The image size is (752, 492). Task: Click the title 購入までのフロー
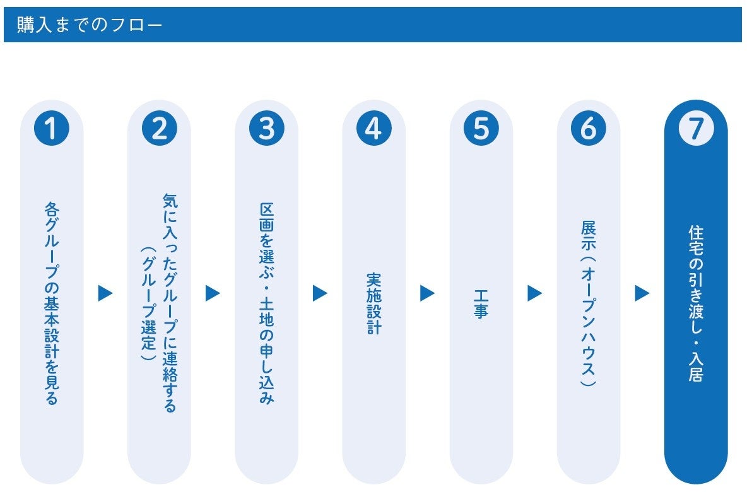[90, 25]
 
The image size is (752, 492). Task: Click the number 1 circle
[52, 129]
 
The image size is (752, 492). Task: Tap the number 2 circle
[159, 129]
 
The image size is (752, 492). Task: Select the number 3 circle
[267, 129]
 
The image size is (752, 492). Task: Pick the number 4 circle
[374, 129]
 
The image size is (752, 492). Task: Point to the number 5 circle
[481, 129]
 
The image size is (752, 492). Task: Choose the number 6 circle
[589, 129]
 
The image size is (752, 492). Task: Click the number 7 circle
[696, 129]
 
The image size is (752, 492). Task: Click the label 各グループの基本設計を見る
[52, 303]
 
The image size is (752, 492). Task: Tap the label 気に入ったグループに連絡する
[170, 303]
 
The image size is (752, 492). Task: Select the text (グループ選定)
[148, 303]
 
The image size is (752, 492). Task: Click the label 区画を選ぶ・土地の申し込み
[267, 303]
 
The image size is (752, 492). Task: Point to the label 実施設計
[374, 303]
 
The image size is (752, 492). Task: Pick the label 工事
[481, 303]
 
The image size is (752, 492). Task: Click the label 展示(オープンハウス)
[589, 303]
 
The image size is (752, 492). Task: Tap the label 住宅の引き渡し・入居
[696, 303]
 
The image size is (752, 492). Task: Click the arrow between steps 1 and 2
[105, 293]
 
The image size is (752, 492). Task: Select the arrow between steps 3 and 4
[320, 293]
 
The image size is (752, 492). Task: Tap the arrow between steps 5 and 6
[535, 293]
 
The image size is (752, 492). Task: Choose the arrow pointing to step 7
[642, 293]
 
